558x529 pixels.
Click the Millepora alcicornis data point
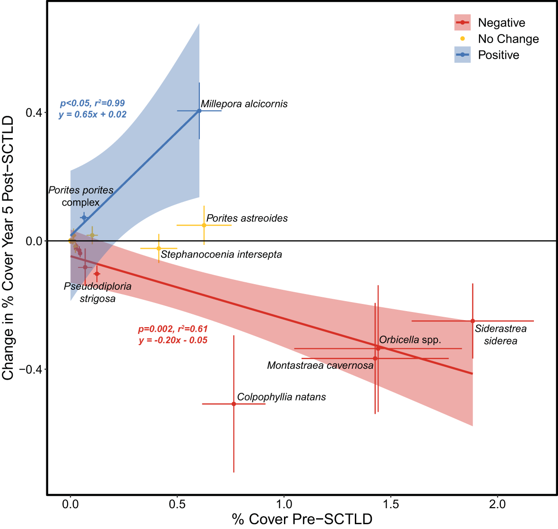pyautogui.click(x=199, y=111)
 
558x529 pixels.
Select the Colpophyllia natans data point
pyautogui.click(x=234, y=404)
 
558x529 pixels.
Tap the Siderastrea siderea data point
pyautogui.click(x=472, y=321)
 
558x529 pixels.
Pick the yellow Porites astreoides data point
pyautogui.click(x=204, y=225)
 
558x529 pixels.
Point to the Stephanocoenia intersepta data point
pyautogui.click(x=159, y=248)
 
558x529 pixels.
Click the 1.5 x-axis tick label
pyautogui.click(x=390, y=504)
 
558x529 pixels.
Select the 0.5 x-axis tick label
pyautogui.click(x=177, y=504)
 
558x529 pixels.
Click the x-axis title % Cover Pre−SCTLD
pyautogui.click(x=302, y=519)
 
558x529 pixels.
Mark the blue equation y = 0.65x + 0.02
pyautogui.click(x=93, y=114)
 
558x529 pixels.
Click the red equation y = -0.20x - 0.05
pyautogui.click(x=173, y=340)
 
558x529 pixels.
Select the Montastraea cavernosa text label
pyautogui.click(x=320, y=365)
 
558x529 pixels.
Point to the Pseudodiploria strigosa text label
pyautogui.click(x=97, y=292)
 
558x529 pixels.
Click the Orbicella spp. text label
pyautogui.click(x=410, y=340)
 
